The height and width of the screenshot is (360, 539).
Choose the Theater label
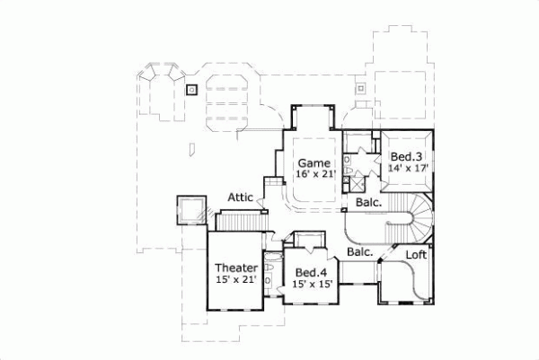pyautogui.click(x=237, y=268)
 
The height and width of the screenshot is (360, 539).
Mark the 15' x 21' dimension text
pyautogui.click(x=237, y=281)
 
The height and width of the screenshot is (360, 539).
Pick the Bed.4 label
pyautogui.click(x=311, y=272)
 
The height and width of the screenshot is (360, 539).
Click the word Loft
pyautogui.click(x=415, y=255)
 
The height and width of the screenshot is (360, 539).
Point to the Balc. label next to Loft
pyautogui.click(x=360, y=253)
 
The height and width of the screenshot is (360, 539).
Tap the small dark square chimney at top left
pyautogui.click(x=191, y=90)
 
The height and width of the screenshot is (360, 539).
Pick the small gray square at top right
pyautogui.click(x=361, y=88)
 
